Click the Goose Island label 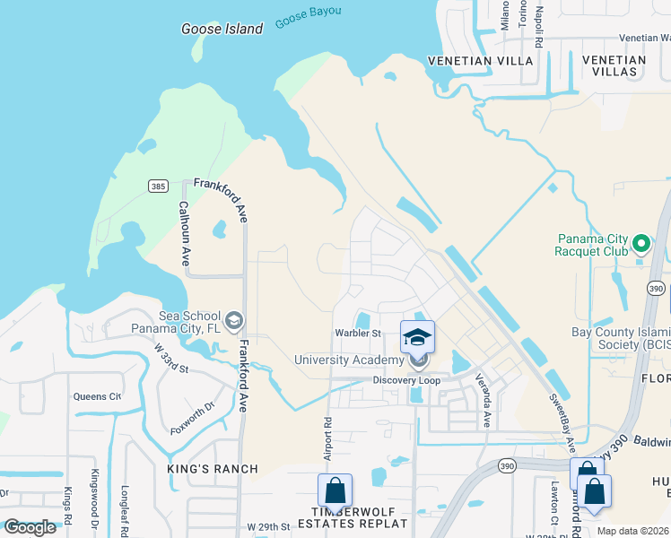pyautogui.click(x=222, y=29)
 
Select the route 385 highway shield pyautogui.click(x=158, y=186)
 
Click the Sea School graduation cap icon pyautogui.click(x=234, y=319)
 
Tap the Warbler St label pyautogui.click(x=359, y=334)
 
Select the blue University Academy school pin pyautogui.click(x=417, y=338)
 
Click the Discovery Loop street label pyautogui.click(x=407, y=380)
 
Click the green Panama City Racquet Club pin pyautogui.click(x=640, y=243)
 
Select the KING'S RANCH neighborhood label pyautogui.click(x=213, y=469)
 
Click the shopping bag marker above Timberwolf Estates pyautogui.click(x=335, y=490)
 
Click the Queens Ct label pyautogui.click(x=97, y=396)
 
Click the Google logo pyautogui.click(x=30, y=527)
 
